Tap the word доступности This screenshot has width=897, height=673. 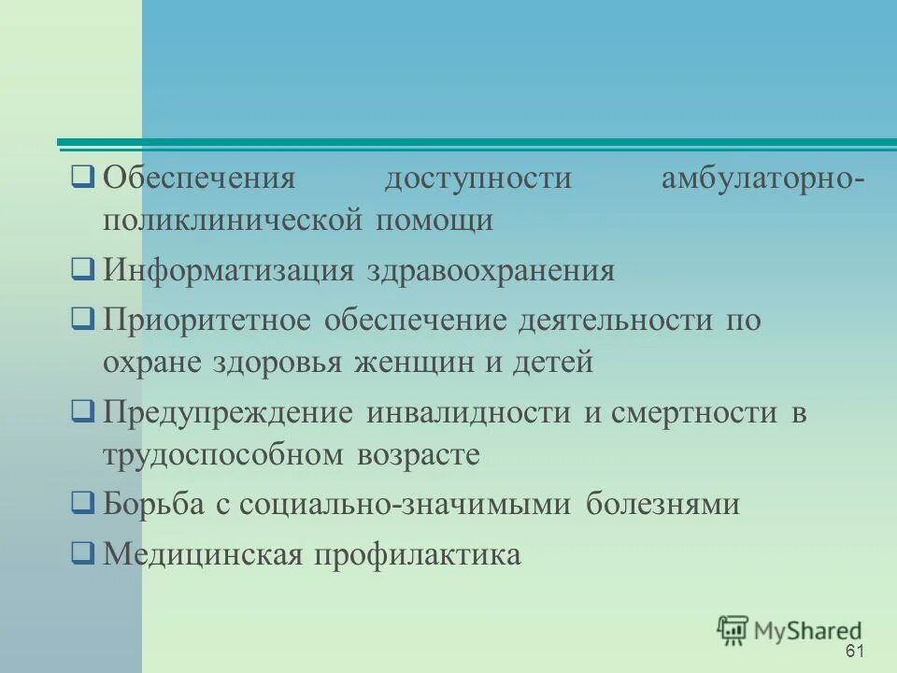(x=477, y=177)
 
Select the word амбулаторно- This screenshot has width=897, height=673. (x=762, y=177)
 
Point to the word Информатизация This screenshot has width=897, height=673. (x=228, y=271)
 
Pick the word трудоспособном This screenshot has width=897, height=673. (x=223, y=455)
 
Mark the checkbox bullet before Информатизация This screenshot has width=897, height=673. (x=82, y=270)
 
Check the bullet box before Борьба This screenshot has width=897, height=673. (x=82, y=504)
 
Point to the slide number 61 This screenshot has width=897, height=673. (x=854, y=652)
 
